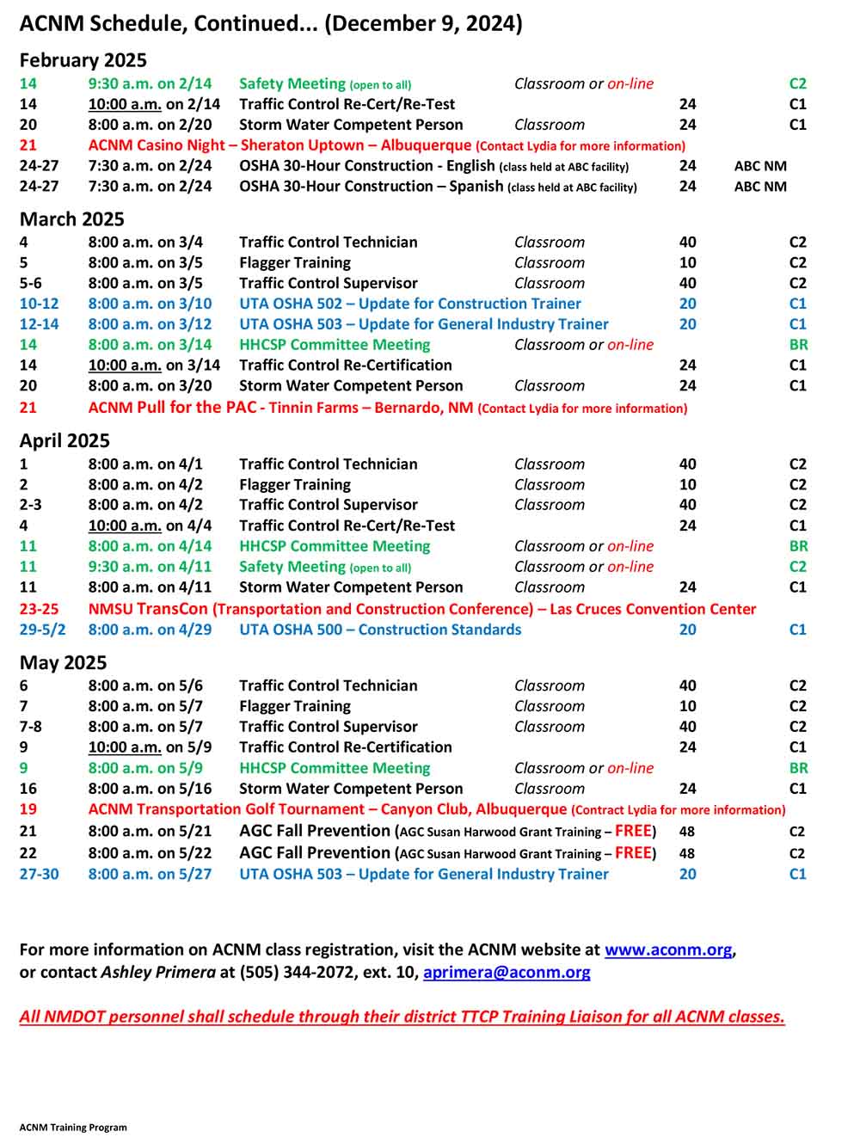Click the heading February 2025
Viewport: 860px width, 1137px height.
[83, 60]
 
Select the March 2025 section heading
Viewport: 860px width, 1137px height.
[71, 219]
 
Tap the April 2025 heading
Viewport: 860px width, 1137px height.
[64, 440]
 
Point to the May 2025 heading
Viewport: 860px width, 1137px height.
[63, 662]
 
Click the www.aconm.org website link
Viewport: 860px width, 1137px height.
[668, 950]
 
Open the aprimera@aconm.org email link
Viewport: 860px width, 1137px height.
[507, 972]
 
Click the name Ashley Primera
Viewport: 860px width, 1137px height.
[158, 972]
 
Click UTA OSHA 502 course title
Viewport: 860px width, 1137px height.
[409, 304]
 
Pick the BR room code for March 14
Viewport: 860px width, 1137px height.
[798, 345]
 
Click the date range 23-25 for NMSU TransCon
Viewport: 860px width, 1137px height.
[39, 609]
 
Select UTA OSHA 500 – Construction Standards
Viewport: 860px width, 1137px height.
[380, 630]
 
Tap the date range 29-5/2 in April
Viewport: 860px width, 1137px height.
[42, 630]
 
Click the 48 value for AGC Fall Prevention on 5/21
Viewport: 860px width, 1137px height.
[687, 832]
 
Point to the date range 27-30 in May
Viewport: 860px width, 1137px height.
[39, 874]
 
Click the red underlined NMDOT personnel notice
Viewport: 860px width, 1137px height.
[402, 1017]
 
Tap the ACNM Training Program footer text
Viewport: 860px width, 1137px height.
[73, 1127]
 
